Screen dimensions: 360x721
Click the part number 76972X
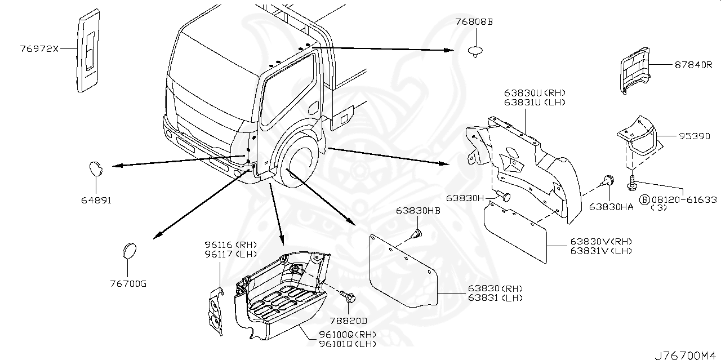coord(39,49)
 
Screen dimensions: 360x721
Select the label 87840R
coord(691,65)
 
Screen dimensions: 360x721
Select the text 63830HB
coord(417,212)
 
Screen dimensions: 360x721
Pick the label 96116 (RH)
coord(230,245)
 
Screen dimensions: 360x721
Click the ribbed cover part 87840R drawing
coord(635,71)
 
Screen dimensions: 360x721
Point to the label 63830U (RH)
coord(535,93)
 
